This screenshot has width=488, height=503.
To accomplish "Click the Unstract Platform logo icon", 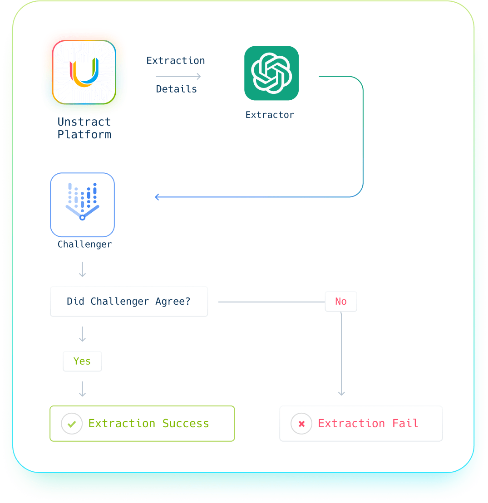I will pyautogui.click(x=84, y=72).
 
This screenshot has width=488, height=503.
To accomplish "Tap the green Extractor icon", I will pyautogui.click(x=271, y=73).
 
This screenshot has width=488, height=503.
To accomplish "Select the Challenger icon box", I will pyautogui.click(x=82, y=205).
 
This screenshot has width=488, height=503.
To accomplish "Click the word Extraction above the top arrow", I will pyautogui.click(x=176, y=61).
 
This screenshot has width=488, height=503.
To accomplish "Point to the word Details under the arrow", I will pyautogui.click(x=177, y=89).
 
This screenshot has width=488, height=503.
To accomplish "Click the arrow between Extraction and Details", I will pyautogui.click(x=178, y=76).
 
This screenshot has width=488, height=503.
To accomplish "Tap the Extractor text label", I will pyautogui.click(x=270, y=115).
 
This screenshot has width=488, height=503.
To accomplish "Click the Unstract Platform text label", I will pyautogui.click(x=84, y=128).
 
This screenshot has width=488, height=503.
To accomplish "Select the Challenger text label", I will pyautogui.click(x=84, y=244).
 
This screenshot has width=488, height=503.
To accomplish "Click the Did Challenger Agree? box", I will pyautogui.click(x=129, y=302).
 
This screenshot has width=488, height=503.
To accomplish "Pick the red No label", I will pyautogui.click(x=341, y=302).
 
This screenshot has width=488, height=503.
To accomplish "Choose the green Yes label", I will pyautogui.click(x=82, y=361).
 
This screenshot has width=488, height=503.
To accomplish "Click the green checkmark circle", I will pyautogui.click(x=72, y=424).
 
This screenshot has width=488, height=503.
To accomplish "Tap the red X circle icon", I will pyautogui.click(x=301, y=424).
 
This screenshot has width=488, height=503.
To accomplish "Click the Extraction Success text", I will pyautogui.click(x=149, y=424).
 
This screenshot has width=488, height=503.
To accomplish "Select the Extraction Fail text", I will pyautogui.click(x=368, y=424).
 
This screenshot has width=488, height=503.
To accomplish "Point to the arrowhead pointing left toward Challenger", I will pyautogui.click(x=158, y=197).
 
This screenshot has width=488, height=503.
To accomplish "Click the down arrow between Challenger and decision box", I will pyautogui.click(x=82, y=269).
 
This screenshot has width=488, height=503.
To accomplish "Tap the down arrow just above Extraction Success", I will pyautogui.click(x=82, y=389).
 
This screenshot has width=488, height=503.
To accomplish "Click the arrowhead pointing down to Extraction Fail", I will pyautogui.click(x=342, y=393).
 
